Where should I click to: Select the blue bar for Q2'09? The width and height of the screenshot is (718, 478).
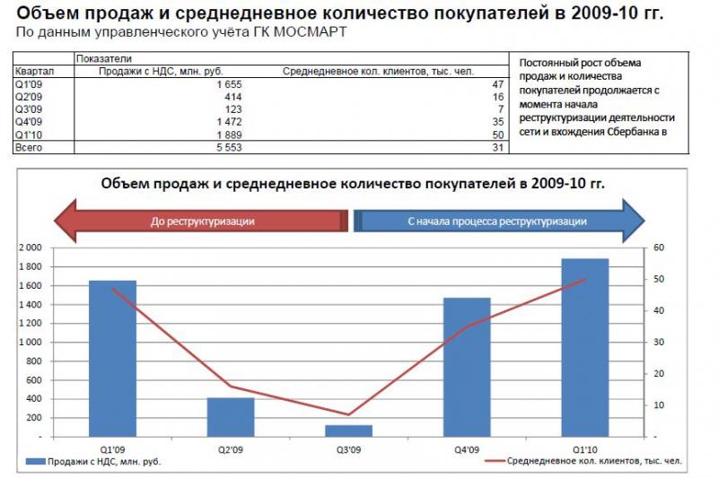(231, 416)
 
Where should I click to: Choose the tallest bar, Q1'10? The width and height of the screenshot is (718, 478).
(585, 346)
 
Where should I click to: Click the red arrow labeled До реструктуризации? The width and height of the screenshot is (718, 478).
(202, 221)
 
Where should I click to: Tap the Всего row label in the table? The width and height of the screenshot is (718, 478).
(29, 146)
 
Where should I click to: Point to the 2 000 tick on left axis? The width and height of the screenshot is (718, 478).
(31, 248)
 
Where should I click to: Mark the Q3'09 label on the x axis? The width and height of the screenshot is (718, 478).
(349, 448)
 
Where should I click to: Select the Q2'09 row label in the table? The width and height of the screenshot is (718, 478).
(29, 96)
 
